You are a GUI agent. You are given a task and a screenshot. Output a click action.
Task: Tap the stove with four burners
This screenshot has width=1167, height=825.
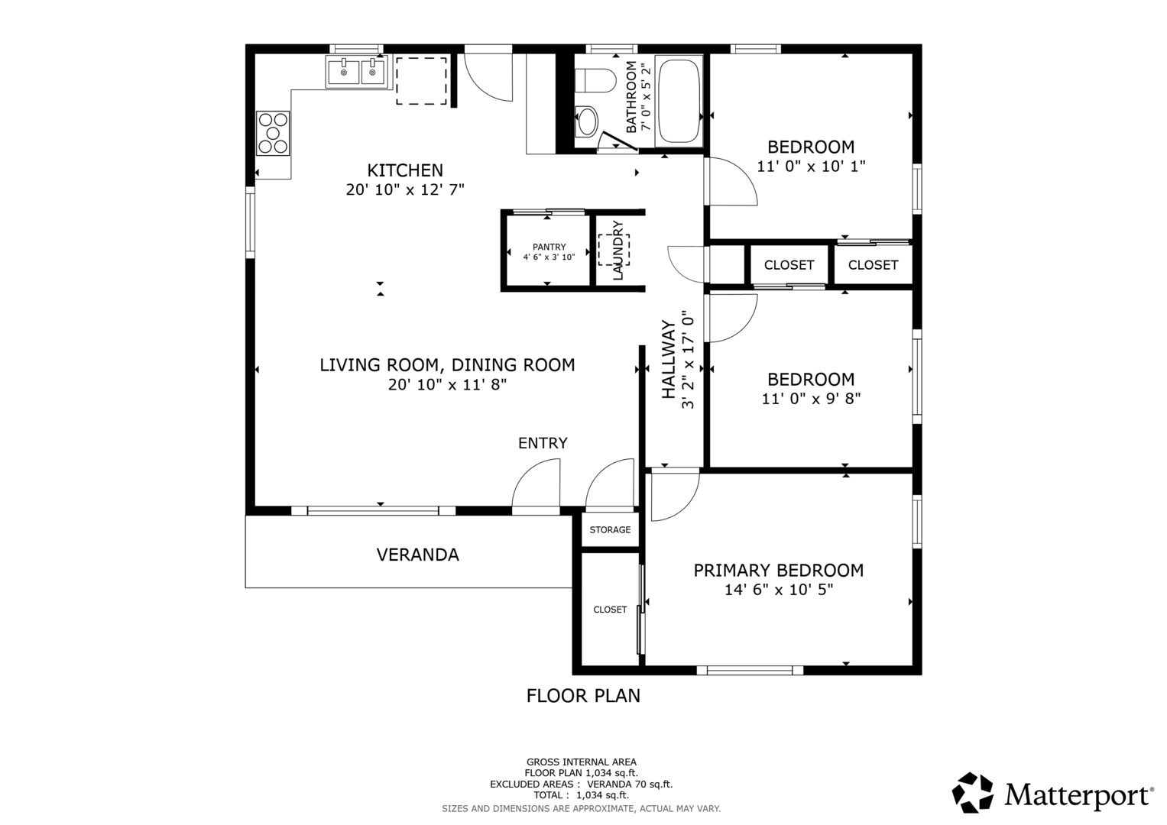[273, 133]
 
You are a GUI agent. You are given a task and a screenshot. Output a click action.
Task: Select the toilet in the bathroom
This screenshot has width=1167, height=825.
[595, 81]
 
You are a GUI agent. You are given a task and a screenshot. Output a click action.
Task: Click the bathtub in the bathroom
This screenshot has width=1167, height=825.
[679, 101]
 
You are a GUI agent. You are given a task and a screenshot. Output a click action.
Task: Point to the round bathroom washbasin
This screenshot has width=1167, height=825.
[587, 121]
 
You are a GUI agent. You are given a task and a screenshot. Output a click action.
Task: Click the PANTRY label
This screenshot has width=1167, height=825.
[549, 247]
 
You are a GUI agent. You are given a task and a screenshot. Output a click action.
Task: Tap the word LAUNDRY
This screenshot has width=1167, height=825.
[618, 251]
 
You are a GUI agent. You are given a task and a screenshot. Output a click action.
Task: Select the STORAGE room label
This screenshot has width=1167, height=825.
[610, 529]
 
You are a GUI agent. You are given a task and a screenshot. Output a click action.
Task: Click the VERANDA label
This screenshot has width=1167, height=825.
[418, 555]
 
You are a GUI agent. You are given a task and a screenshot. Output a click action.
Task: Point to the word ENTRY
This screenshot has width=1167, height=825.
[543, 443]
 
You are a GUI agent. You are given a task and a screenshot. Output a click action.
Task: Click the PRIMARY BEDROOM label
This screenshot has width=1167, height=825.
[778, 571]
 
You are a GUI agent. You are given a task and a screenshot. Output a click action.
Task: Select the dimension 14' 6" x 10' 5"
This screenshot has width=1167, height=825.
[779, 590]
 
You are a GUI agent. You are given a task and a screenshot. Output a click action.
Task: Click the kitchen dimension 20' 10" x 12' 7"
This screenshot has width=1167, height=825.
[405, 189]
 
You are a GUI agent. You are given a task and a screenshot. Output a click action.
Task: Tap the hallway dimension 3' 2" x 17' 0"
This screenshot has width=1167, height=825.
[688, 360]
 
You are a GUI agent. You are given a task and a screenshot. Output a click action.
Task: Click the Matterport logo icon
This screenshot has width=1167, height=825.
[973, 793]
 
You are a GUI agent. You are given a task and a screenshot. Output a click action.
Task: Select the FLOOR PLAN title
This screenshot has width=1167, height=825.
[583, 696]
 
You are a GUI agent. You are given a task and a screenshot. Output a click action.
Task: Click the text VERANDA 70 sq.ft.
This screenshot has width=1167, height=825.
[630, 784]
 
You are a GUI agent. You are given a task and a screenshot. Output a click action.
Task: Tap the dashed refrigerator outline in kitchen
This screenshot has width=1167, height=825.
[421, 81]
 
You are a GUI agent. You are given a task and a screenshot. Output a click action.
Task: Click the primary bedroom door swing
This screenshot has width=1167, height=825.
[675, 495]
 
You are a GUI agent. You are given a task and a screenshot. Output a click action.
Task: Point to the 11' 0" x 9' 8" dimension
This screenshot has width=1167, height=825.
[811, 399]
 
